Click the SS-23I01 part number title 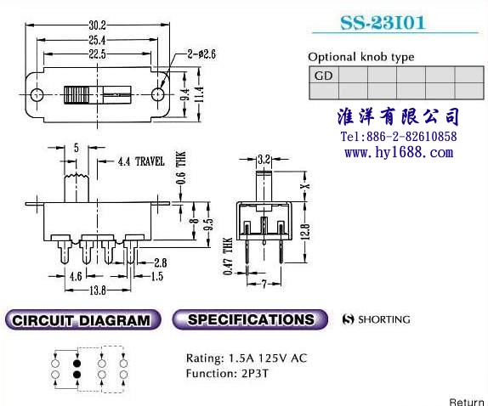click(x=383, y=23)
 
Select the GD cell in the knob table click(x=324, y=75)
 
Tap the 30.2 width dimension click(x=98, y=25)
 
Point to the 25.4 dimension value click(x=98, y=40)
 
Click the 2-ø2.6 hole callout click(x=201, y=54)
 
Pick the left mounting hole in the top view click(x=37, y=94)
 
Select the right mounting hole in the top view click(x=158, y=94)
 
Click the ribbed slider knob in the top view click(x=77, y=95)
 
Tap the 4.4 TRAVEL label click(x=141, y=161)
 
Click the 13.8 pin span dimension click(x=98, y=290)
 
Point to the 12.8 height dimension click(x=306, y=232)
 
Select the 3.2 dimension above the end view click(x=264, y=160)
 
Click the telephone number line click(x=399, y=137)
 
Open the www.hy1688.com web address click(x=399, y=152)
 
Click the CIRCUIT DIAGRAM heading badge click(x=82, y=320)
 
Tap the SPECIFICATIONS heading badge click(x=250, y=319)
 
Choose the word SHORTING click(x=384, y=319)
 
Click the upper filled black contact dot click(x=77, y=364)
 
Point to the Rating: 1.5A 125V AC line click(x=247, y=358)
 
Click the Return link click(x=467, y=402)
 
